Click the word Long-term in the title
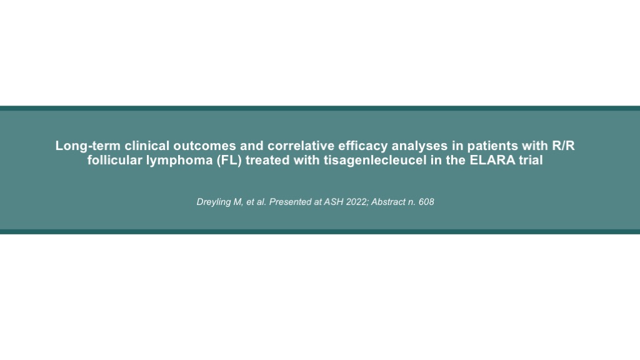87,146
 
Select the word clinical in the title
147,146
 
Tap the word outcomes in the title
204,146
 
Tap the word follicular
115,160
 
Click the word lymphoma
179,161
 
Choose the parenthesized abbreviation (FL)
229,161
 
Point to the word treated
267,160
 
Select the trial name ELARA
492,160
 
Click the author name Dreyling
214,202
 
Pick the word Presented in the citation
290,202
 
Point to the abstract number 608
426,202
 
